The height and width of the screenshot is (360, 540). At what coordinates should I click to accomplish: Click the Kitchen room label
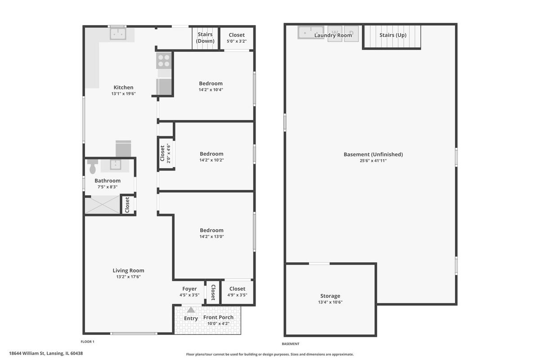(123, 87)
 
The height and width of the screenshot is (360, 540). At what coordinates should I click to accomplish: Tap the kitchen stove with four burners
(164, 60)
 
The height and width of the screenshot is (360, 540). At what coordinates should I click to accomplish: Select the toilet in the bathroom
(93, 166)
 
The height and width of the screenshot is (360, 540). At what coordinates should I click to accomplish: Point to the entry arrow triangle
(191, 310)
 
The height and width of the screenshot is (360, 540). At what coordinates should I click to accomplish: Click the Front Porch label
(218, 317)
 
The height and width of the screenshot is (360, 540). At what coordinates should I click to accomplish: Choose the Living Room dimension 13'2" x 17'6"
(129, 277)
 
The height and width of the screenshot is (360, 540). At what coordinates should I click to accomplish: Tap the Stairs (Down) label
(205, 38)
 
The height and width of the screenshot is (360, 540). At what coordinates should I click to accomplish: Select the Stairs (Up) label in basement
(393, 35)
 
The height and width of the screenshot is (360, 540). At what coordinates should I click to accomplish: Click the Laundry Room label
(333, 36)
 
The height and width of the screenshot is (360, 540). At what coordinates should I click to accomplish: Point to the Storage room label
(330, 296)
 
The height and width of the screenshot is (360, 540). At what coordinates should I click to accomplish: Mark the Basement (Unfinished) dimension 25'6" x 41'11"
(373, 161)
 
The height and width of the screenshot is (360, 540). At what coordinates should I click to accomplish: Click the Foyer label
(189, 288)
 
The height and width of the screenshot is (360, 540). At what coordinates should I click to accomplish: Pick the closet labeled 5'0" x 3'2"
(237, 38)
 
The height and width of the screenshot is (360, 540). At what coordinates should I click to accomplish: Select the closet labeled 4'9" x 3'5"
(237, 292)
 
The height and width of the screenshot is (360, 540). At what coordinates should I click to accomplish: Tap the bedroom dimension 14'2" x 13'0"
(211, 237)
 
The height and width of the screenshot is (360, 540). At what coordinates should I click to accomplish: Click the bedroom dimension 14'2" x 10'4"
(211, 90)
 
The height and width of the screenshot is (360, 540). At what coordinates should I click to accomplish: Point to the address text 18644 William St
(27, 353)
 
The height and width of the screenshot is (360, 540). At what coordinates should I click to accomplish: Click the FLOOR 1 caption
(87, 342)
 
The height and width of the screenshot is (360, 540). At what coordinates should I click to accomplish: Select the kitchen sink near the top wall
(118, 34)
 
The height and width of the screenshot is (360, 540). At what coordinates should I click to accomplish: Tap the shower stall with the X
(103, 204)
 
